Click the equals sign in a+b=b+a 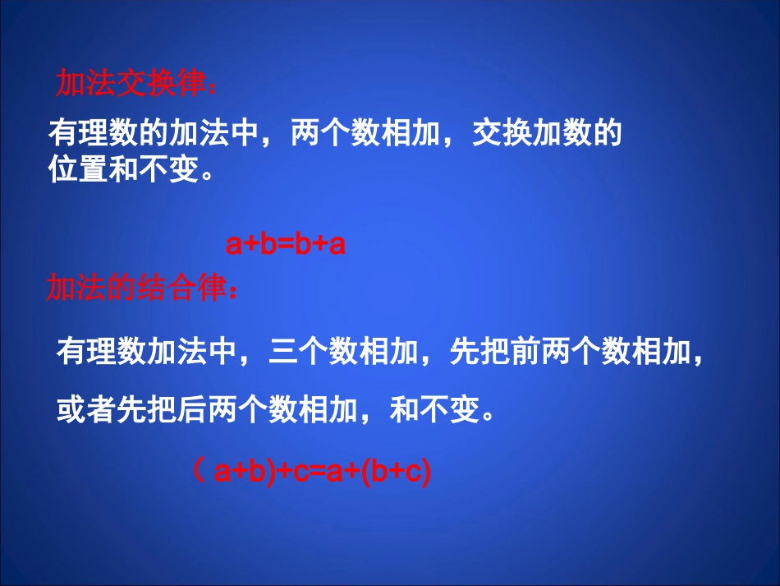(285, 245)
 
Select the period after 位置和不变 (206, 174)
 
